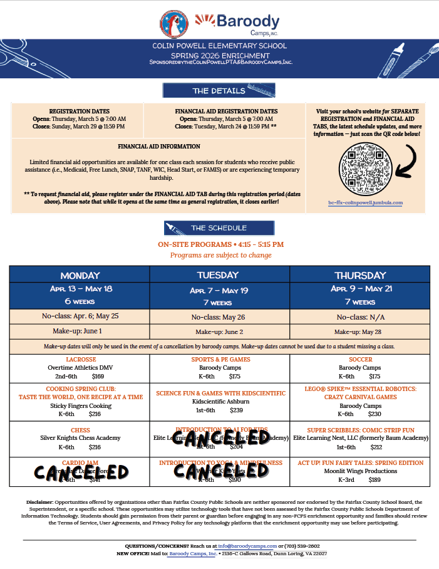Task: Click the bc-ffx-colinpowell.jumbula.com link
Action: pyautogui.click(x=366, y=202)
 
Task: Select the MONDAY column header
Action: pyautogui.click(x=80, y=276)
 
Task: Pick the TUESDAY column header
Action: pyautogui.click(x=217, y=275)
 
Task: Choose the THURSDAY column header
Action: pyautogui.click(x=359, y=276)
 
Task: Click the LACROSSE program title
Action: pyautogui.click(x=80, y=360)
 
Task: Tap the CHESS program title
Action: pyautogui.click(x=80, y=431)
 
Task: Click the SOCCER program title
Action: pyautogui.click(x=359, y=360)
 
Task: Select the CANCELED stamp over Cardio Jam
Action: pyautogui.click(x=81, y=472)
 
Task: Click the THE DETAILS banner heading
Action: pyautogui.click(x=219, y=91)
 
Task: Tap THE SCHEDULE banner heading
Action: pyautogui.click(x=219, y=227)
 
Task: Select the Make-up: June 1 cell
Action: pyautogui.click(x=80, y=331)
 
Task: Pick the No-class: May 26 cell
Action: pyautogui.click(x=217, y=317)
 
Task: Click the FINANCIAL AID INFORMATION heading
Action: pyautogui.click(x=159, y=147)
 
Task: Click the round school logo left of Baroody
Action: pyautogui.click(x=174, y=24)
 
